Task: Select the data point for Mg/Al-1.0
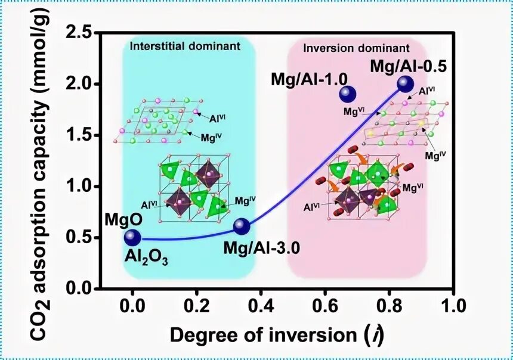click(348, 94)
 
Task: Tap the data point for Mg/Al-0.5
click(406, 84)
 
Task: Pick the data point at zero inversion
click(132, 238)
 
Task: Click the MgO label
click(123, 219)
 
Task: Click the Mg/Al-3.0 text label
click(261, 246)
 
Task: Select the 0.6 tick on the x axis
click(325, 308)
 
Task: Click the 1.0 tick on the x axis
click(454, 308)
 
